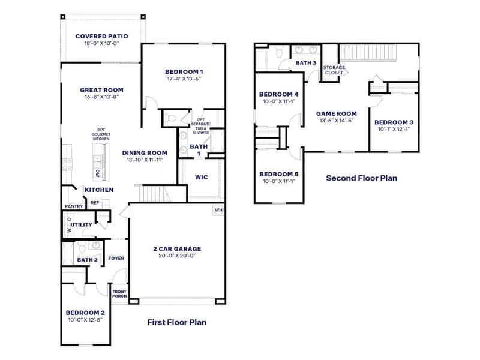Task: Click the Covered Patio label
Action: click(x=101, y=36)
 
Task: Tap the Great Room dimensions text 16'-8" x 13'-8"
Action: click(x=101, y=97)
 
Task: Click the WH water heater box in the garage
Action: click(x=218, y=211)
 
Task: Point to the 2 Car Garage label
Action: click(x=176, y=248)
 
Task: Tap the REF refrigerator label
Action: click(x=95, y=203)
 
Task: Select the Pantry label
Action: click(x=73, y=207)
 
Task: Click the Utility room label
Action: click(x=82, y=225)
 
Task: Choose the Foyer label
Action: click(x=116, y=259)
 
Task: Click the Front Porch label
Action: click(x=119, y=293)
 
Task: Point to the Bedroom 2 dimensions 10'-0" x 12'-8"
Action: click(x=85, y=319)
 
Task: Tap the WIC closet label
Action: click(x=202, y=177)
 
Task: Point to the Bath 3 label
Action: click(x=306, y=62)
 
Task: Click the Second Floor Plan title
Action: click(x=361, y=178)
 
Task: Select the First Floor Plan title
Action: click(x=177, y=322)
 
